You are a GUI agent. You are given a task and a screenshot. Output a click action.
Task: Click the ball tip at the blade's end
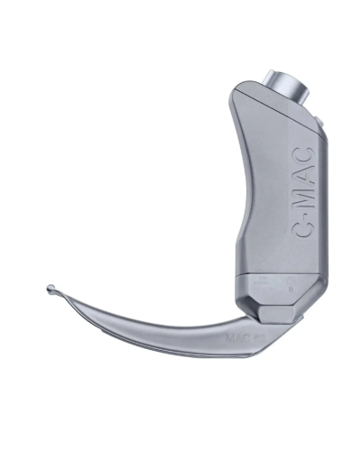point(51,290)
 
